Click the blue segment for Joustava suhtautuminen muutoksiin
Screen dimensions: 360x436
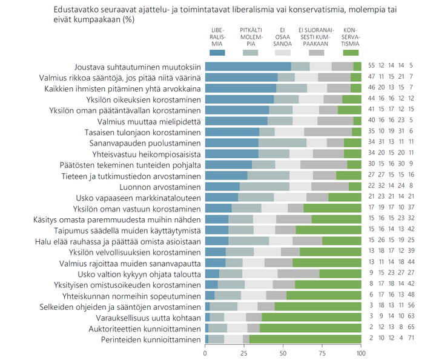pos(248,66)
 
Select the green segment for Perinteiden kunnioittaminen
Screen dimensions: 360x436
pos(306,339)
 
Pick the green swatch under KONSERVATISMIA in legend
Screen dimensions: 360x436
pos(350,53)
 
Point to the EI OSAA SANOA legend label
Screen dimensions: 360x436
pos(283,36)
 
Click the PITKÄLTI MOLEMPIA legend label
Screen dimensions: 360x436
pos(250,36)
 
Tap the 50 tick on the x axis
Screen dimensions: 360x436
pos(283,353)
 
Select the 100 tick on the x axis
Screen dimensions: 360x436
pos(360,353)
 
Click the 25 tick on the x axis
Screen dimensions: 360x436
pos(244,353)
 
